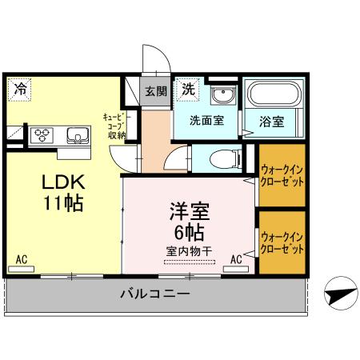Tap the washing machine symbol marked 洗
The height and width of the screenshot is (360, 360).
(x=188, y=89)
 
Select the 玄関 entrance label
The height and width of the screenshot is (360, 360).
(x=156, y=90)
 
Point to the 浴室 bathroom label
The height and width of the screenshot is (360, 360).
(x=271, y=122)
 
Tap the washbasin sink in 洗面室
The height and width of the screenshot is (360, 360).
(x=222, y=96)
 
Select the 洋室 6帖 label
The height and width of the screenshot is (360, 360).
(x=188, y=222)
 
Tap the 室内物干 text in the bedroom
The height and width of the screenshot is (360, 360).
(x=189, y=252)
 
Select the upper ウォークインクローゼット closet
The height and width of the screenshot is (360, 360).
(x=282, y=174)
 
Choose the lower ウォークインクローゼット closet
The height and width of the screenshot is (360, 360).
(x=282, y=242)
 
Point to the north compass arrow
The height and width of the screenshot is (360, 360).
(x=339, y=294)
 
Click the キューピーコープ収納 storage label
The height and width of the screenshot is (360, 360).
(x=114, y=126)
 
